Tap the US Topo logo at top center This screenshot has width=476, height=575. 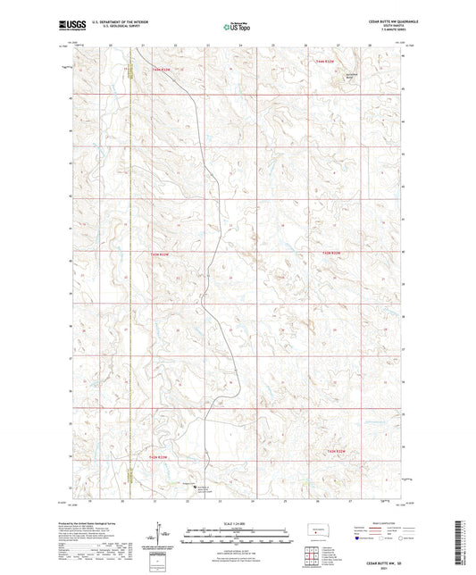click(236, 27)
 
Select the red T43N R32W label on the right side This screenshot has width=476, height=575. click(331, 254)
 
